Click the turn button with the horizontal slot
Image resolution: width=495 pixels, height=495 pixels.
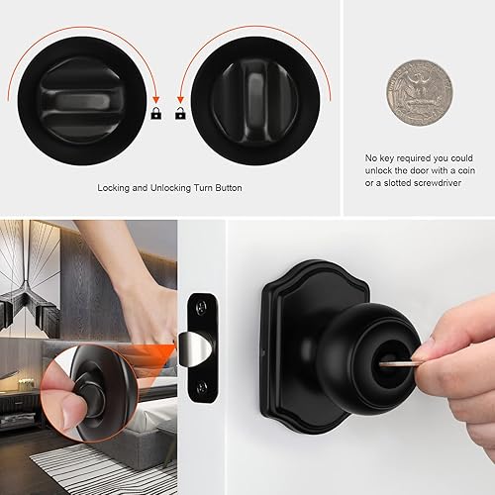click(81, 102)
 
